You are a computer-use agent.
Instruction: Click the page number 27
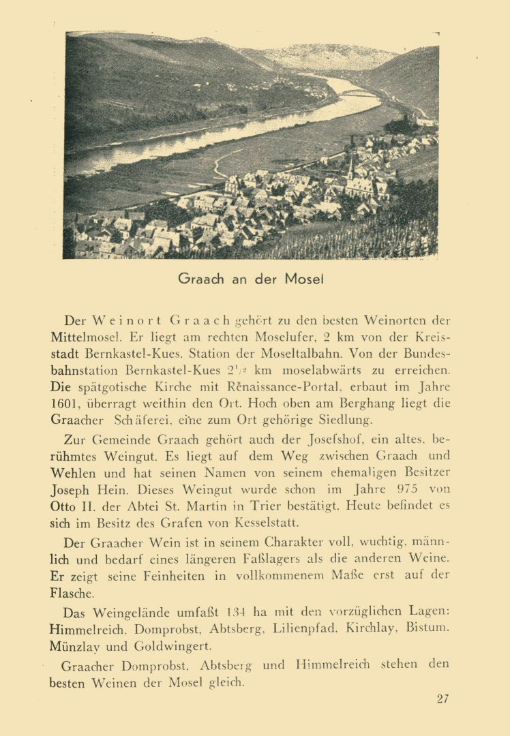pos(442,699)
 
